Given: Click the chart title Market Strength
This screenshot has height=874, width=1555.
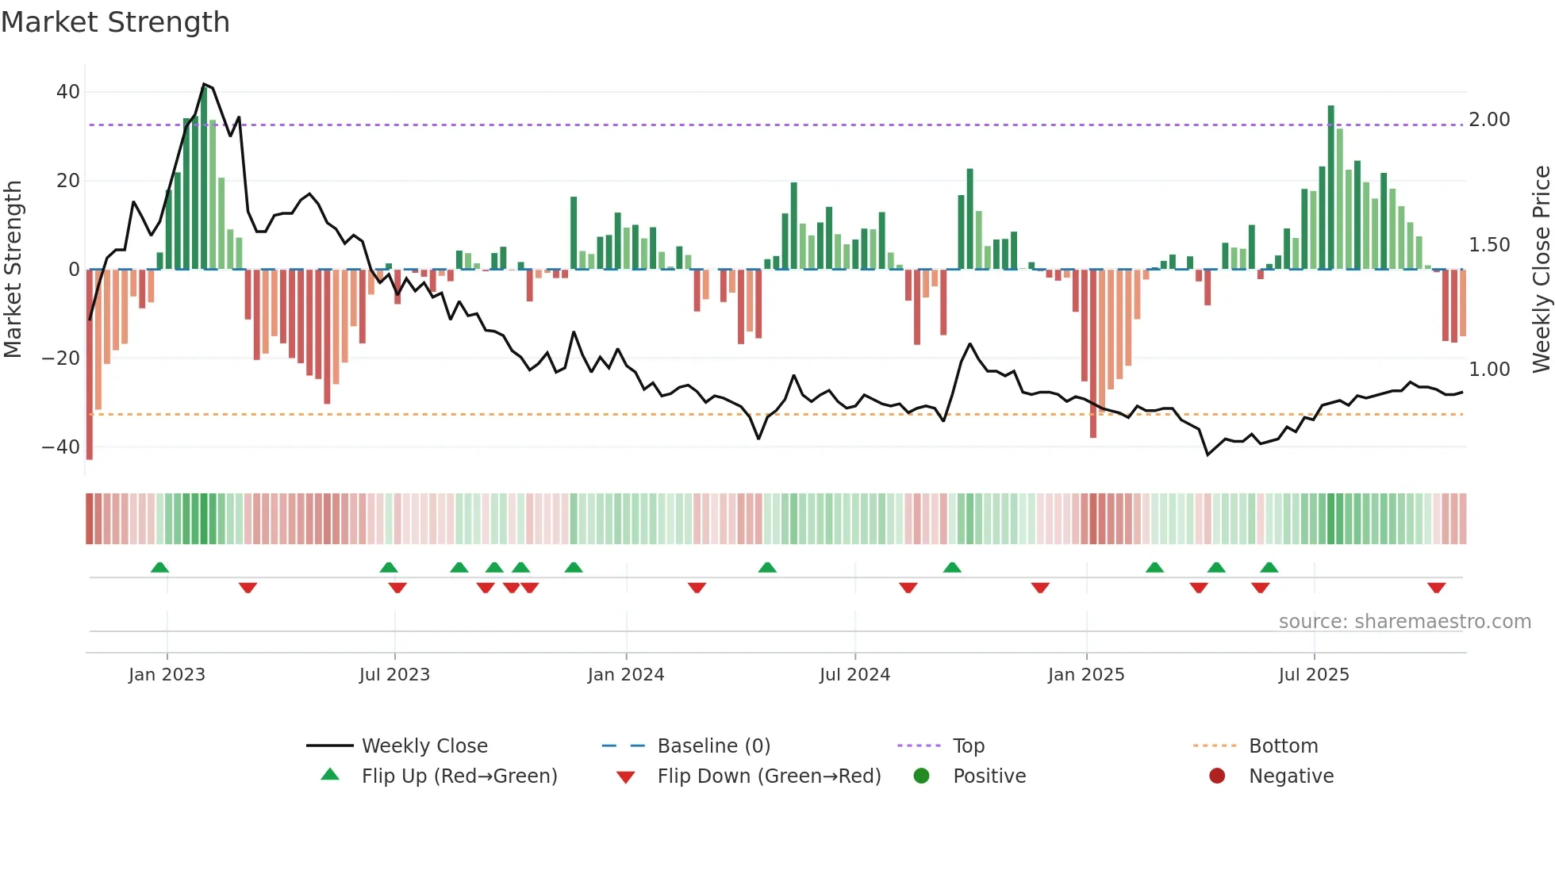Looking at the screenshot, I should pos(115,22).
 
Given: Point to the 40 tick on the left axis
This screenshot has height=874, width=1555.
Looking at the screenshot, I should pos(68,92).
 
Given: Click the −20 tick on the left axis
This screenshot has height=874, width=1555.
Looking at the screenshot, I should pos(61,358).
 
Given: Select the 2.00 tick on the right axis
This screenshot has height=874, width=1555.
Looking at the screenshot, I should pos(1489,120).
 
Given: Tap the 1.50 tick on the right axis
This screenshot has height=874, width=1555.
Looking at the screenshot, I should pos(1489,245).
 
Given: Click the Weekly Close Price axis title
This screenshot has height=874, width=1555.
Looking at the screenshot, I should pos(1541,270).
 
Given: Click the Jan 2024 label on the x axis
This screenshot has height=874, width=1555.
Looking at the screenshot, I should pos(626,675).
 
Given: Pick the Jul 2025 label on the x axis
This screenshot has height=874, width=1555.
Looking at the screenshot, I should pos(1314,675).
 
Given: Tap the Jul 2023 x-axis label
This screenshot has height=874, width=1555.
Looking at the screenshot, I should pos(394,675).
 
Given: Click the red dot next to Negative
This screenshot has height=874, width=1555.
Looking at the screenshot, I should pos(1217,776).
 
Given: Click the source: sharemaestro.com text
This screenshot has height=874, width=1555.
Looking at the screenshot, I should pos(1404,622).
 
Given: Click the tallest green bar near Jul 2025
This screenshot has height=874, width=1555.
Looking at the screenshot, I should pos(1331,187).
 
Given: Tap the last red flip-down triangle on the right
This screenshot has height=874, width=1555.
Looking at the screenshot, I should pos(1436,588).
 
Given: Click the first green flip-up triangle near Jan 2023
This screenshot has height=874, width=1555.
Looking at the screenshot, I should pos(159,567).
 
